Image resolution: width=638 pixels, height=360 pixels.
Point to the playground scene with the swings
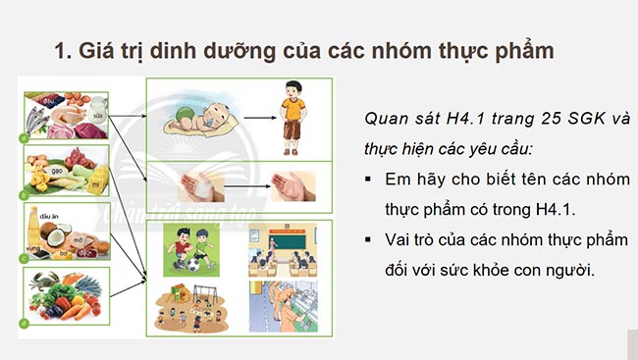click(x=186, y=305)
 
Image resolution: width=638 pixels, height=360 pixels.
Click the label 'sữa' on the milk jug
click(x=99, y=114)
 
